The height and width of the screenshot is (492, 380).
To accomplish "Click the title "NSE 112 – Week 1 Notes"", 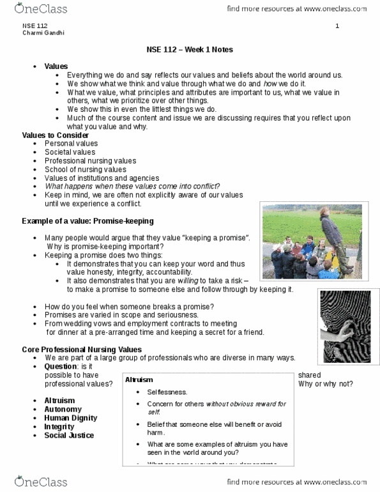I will coord(190,50).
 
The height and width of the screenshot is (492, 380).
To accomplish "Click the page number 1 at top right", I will coord(337,26).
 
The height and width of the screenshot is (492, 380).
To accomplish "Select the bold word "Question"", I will coord(61,367).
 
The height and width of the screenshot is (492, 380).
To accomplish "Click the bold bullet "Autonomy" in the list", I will coord(63,409).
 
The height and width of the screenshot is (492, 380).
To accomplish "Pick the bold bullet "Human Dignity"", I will coord(70,418).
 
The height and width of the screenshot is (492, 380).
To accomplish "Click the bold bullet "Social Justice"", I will coord(69,435).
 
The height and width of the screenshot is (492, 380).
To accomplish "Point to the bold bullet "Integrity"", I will coord(59,426).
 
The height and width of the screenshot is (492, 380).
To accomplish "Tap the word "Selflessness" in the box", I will coord(167,392).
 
